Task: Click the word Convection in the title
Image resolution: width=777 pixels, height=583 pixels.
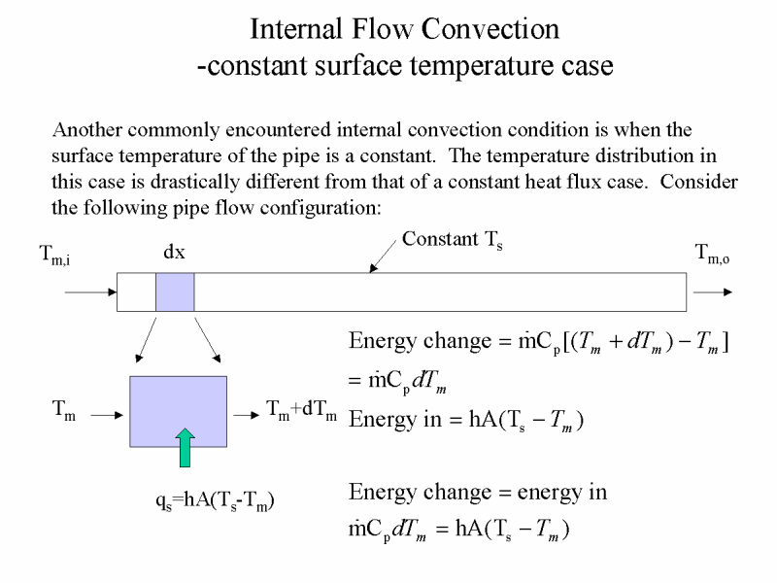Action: pyautogui.click(x=490, y=29)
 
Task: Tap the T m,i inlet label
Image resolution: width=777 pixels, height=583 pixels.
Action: pyautogui.click(x=54, y=256)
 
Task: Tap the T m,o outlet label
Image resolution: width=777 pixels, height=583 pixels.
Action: pyautogui.click(x=712, y=255)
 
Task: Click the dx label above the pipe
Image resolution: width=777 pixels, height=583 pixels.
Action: pyautogui.click(x=174, y=252)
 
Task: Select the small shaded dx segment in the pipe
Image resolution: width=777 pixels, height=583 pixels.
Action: pyautogui.click(x=175, y=292)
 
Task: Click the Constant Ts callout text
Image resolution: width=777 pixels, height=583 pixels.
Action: pyautogui.click(x=452, y=240)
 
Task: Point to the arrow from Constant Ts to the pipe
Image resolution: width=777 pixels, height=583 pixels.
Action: pyautogui.click(x=383, y=257)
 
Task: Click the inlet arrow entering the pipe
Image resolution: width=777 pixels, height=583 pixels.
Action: pyautogui.click(x=90, y=292)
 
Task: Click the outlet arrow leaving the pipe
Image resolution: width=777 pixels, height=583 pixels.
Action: pyautogui.click(x=713, y=292)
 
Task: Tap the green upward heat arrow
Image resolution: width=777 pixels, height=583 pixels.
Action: pyautogui.click(x=185, y=448)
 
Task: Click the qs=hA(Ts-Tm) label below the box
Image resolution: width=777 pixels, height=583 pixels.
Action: pyautogui.click(x=215, y=500)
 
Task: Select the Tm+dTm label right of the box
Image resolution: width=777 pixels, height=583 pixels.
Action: pyautogui.click(x=301, y=410)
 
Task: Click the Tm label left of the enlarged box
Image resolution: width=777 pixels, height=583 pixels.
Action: pyautogui.click(x=64, y=410)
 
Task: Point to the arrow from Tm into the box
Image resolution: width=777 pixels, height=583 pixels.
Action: pyautogui.click(x=107, y=415)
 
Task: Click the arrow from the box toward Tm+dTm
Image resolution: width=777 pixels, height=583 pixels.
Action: pyautogui.click(x=247, y=415)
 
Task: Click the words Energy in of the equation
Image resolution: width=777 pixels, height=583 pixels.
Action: pyautogui.click(x=395, y=420)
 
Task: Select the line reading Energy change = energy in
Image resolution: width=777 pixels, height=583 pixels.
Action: pyautogui.click(x=478, y=493)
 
